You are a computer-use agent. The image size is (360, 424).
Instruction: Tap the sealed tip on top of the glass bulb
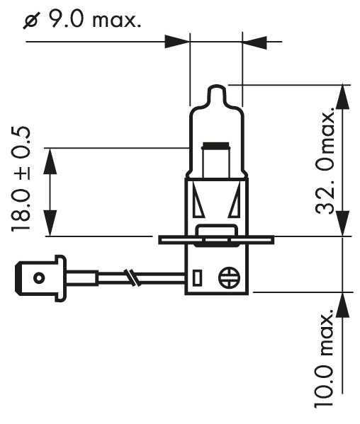click(x=216, y=94)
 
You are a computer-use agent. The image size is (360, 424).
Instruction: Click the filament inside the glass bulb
click(x=216, y=160)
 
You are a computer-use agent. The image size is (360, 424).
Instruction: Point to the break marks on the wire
click(x=130, y=277)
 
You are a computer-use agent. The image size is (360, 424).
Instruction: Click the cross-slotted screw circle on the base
click(x=230, y=276)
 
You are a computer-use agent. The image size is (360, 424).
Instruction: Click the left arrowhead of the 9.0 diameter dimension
click(x=178, y=42)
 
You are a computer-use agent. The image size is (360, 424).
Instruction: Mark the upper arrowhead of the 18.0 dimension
click(x=49, y=160)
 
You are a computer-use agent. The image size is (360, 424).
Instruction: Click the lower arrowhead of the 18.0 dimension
click(x=49, y=224)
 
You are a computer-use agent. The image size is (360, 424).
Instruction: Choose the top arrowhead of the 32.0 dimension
click(x=342, y=98)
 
